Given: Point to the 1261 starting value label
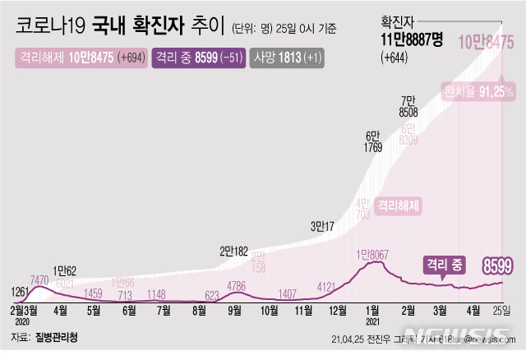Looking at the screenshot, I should point(21,291).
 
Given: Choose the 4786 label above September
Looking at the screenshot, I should point(236,287).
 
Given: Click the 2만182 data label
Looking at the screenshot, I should point(236,252).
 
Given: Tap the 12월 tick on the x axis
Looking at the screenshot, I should point(337,311).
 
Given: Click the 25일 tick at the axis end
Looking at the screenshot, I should point(501,311).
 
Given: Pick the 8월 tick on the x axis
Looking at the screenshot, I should point(198,311).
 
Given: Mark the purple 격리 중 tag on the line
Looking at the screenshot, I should point(444,265).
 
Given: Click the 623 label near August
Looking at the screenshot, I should point(211,294).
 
